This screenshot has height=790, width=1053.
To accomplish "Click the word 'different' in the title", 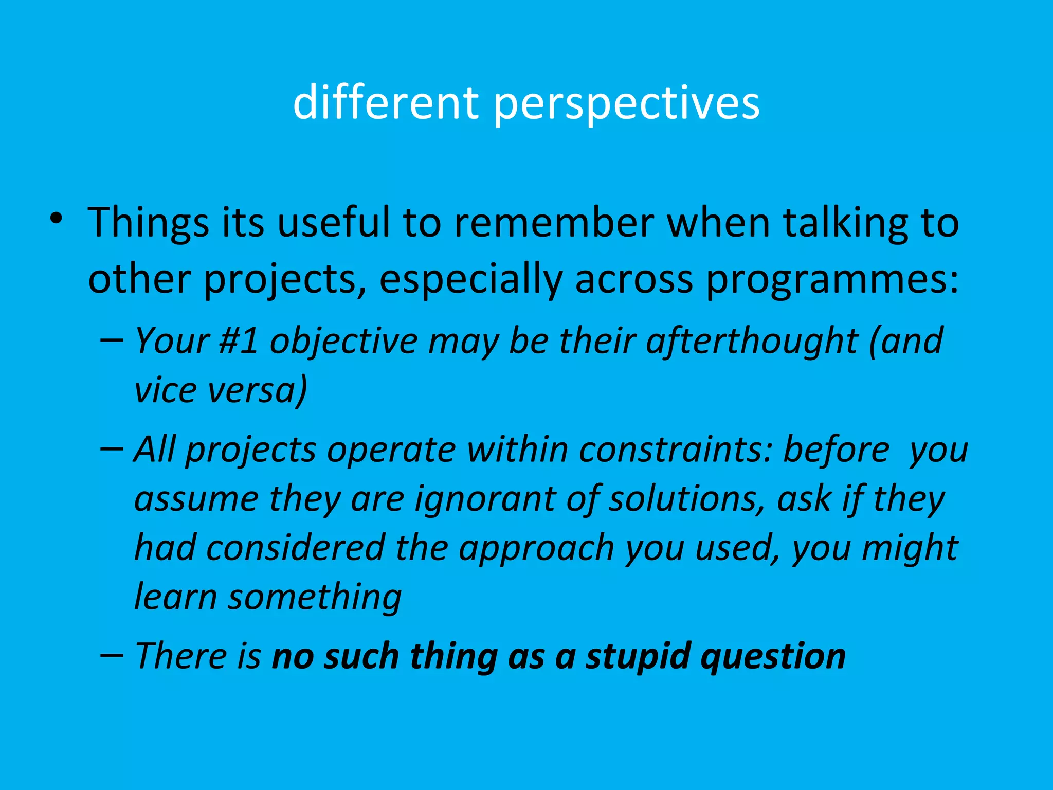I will [386, 103].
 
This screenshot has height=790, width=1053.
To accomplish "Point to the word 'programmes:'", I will [832, 280].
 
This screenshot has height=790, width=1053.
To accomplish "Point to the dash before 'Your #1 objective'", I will [112, 340].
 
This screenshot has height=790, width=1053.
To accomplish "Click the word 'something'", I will [315, 598].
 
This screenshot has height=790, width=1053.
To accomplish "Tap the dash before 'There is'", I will [112, 655].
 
